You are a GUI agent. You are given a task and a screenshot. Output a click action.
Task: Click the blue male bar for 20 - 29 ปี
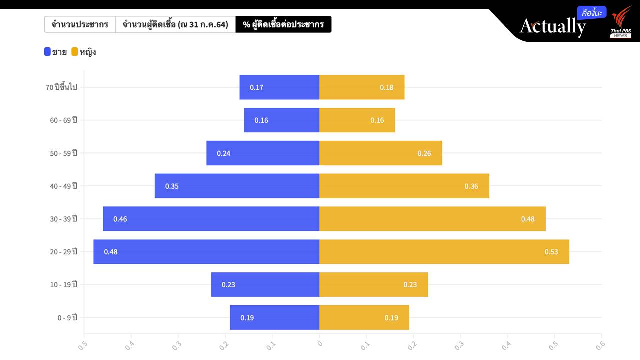[206, 251]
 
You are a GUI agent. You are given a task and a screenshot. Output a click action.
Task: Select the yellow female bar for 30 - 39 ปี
[432, 219]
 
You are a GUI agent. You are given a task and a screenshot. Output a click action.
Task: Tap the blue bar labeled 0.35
[237, 186]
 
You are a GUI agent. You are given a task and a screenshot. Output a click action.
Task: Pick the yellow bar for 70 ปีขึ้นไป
[362, 87]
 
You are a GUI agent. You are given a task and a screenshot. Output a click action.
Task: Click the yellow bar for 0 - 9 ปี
[364, 317]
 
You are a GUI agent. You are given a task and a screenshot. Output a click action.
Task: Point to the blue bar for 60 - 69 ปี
[282, 120]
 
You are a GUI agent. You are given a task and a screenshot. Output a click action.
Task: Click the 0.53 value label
[551, 252]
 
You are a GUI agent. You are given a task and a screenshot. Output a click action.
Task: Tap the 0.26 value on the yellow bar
[424, 153]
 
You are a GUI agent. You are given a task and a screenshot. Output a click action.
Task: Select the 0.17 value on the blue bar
[256, 87]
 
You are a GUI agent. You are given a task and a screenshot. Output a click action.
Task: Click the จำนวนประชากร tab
[80, 24]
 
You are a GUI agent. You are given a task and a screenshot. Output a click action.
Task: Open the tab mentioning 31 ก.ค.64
[175, 24]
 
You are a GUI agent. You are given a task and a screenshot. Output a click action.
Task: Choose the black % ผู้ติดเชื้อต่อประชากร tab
[283, 24]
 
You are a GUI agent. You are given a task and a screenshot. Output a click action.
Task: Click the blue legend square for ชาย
[48, 51]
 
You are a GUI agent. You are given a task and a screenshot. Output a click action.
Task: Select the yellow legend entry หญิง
[84, 51]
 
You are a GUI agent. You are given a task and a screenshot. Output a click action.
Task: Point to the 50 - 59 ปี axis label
[64, 153]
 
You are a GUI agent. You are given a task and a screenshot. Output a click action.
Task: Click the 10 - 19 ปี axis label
[64, 284]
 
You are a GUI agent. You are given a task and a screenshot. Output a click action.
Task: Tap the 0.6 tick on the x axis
[600, 344]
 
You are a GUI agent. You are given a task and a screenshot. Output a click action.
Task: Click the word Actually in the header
[552, 26]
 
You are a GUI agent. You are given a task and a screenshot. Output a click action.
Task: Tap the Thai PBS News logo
[621, 22]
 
